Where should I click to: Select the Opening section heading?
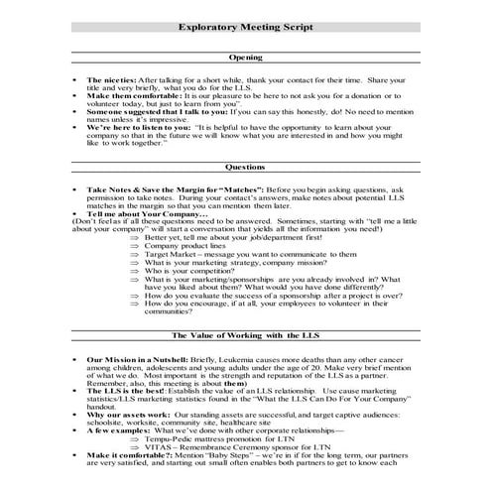pyautogui.click(x=245, y=59)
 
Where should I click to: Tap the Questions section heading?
pyautogui.click(x=245, y=168)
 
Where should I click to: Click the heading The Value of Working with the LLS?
pyautogui.click(x=245, y=336)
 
